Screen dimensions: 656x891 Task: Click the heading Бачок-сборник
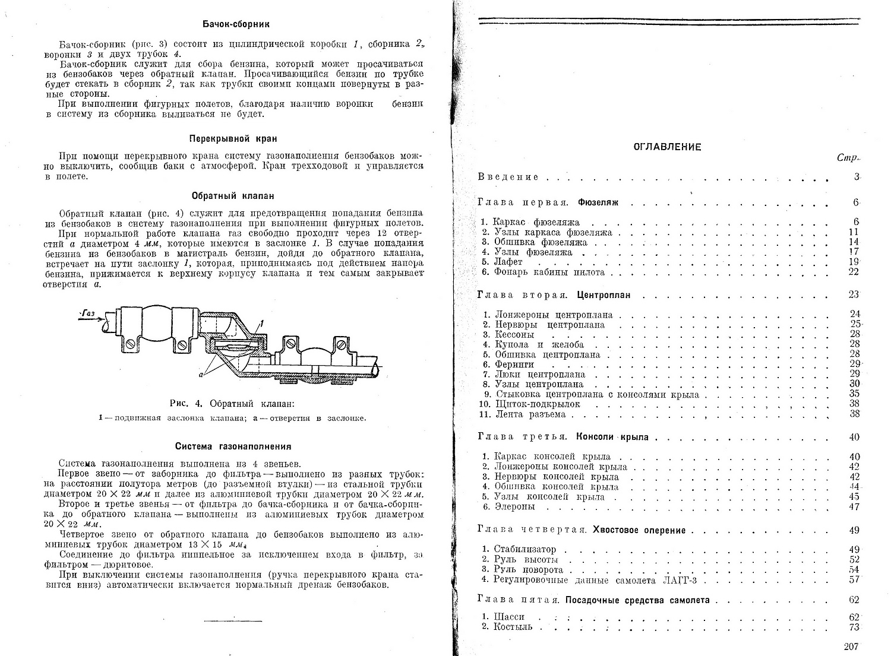pyautogui.click(x=236, y=24)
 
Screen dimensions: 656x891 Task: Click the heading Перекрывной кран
pyautogui.click(x=233, y=139)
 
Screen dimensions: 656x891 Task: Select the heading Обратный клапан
pyautogui.click(x=233, y=195)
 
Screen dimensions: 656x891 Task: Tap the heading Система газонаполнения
pyautogui.click(x=233, y=446)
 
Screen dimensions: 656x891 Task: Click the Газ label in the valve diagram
pyautogui.click(x=88, y=313)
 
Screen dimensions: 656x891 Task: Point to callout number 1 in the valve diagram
pyautogui.click(x=261, y=323)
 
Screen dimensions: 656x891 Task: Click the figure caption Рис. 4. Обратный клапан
pyautogui.click(x=232, y=403)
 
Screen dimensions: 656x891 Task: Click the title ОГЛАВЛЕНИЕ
pyautogui.click(x=667, y=147)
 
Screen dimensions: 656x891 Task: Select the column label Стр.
pyautogui.click(x=847, y=158)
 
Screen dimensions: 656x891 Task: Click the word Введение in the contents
pyautogui.click(x=508, y=177)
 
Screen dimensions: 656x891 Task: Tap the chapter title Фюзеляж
pyautogui.click(x=598, y=202)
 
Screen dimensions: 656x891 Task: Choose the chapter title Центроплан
pyautogui.click(x=604, y=294)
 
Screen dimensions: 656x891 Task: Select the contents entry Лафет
pyautogui.click(x=508, y=262)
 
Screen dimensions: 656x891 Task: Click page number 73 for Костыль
pyautogui.click(x=854, y=627)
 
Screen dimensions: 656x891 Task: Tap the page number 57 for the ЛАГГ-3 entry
pyautogui.click(x=854, y=579)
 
